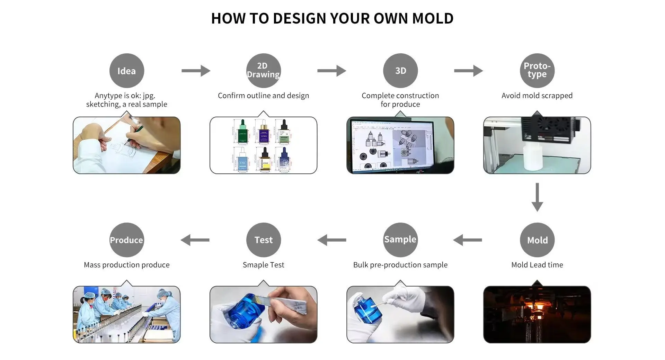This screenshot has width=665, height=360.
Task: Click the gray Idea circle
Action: pyautogui.click(x=126, y=71)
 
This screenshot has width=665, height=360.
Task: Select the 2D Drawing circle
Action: pyautogui.click(x=263, y=71)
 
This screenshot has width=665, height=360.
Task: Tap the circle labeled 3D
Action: pyautogui.click(x=400, y=71)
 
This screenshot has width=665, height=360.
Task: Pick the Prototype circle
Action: pyautogui.click(x=537, y=71)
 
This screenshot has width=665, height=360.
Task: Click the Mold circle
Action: pyautogui.click(x=537, y=240)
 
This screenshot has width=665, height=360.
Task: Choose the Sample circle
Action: pyautogui.click(x=400, y=240)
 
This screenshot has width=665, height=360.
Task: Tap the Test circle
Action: pyautogui.click(x=263, y=240)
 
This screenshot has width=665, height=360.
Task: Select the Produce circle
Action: pyautogui.click(x=126, y=240)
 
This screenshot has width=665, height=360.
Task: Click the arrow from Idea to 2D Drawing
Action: pyautogui.click(x=196, y=71)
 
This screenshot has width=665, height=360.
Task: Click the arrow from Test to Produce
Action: pyautogui.click(x=195, y=240)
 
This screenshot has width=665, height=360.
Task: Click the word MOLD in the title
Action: pyautogui.click(x=433, y=18)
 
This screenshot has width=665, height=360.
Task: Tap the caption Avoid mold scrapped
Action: pyautogui.click(x=537, y=96)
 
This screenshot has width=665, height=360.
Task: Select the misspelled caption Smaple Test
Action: pyautogui.click(x=263, y=265)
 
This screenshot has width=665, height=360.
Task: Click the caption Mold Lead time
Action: pyautogui.click(x=537, y=265)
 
